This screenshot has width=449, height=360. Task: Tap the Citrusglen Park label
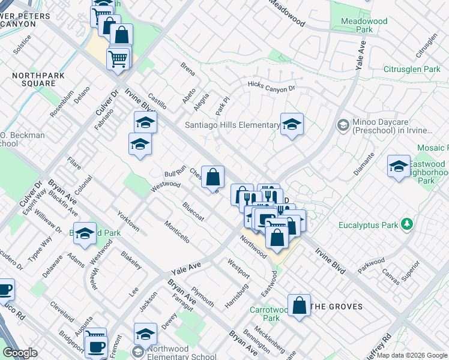point(412,70)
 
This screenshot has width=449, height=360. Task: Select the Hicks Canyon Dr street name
point(272,88)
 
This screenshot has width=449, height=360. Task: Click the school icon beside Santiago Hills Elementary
point(292,125)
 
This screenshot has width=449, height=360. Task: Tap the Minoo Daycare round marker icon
point(343,125)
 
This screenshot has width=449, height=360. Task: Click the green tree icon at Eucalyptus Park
point(407,224)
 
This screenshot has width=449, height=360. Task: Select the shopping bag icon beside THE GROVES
point(299,305)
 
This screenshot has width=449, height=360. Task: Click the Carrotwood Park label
point(265,314)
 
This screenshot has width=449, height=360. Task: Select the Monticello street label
point(176,231)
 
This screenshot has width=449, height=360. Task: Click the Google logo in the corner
point(20,353)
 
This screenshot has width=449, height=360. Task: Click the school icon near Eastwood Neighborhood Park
point(399,167)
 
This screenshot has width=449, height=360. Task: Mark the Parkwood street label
point(372,265)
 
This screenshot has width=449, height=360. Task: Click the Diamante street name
point(364,163)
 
